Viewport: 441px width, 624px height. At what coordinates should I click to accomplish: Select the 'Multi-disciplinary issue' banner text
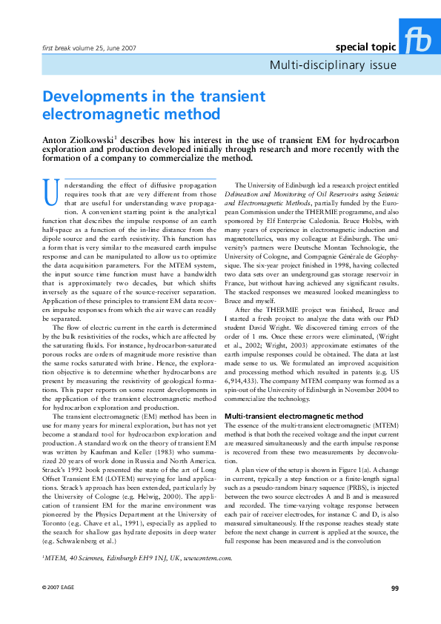(x=331, y=65)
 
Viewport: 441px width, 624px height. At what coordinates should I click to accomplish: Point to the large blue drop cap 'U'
(x=51, y=192)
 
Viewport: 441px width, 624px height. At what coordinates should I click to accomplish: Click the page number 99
(x=394, y=589)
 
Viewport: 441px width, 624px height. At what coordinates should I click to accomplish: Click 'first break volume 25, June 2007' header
(x=86, y=48)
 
